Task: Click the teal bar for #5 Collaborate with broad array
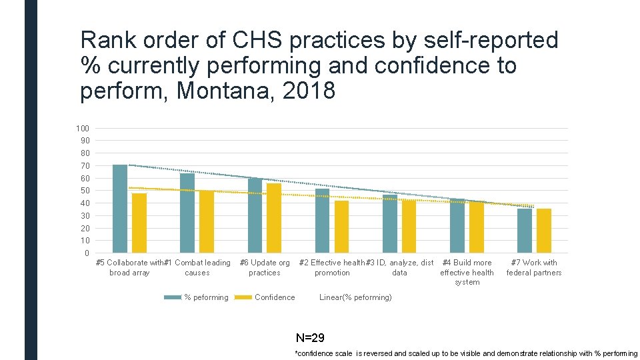point(120,209)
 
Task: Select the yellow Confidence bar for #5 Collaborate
point(139,223)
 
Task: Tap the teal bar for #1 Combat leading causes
point(187,213)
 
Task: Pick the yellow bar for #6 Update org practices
point(274,218)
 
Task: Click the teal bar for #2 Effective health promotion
point(322,221)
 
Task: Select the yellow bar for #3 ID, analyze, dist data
point(409,227)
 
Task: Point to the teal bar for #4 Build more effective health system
point(457,225)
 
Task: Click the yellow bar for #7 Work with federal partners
point(544,231)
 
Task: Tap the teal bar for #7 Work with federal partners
point(525,231)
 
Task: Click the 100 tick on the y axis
point(83,128)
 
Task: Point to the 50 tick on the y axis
point(85,191)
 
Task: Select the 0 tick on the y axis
point(87,253)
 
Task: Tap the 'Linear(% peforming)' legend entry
point(356,297)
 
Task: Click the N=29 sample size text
point(310,338)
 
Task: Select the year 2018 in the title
point(309,90)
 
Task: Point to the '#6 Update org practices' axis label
point(265,267)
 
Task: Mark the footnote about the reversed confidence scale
point(465,353)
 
